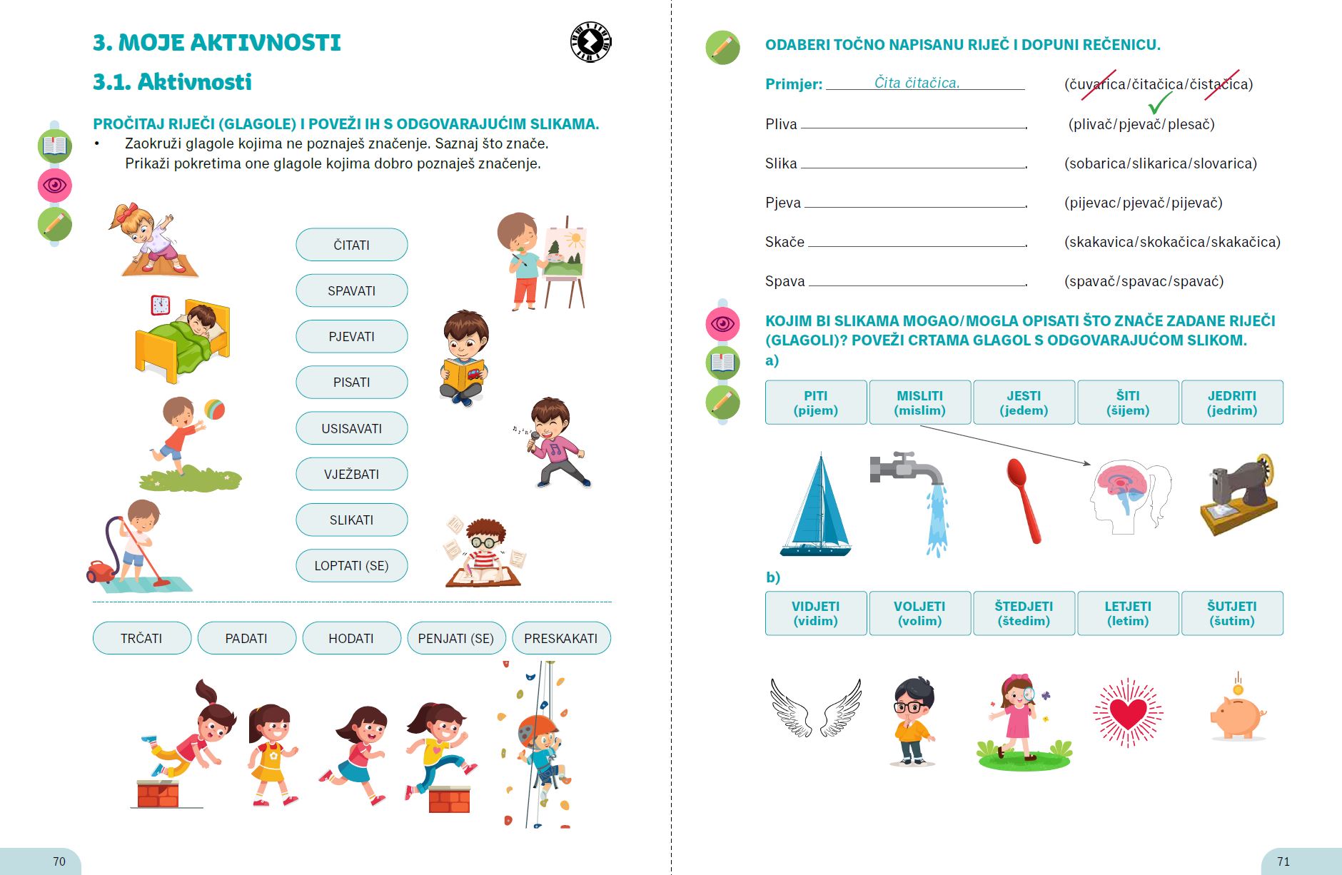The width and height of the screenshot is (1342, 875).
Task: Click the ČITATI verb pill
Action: click(351, 245)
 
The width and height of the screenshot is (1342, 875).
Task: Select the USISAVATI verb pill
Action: click(351, 428)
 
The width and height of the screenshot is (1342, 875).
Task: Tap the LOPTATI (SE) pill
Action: click(351, 566)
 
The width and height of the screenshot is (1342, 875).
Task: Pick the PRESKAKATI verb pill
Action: click(561, 638)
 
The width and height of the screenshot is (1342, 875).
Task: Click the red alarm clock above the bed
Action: click(161, 305)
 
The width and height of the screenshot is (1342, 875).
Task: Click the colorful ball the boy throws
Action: click(214, 410)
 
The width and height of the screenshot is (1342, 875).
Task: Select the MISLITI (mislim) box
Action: click(919, 403)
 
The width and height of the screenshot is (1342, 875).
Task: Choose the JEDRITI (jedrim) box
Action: click(1232, 403)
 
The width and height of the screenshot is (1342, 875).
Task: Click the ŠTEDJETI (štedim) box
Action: click(1024, 613)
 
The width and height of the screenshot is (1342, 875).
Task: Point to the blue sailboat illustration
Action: click(818, 507)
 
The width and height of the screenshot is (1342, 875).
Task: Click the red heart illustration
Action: click(1128, 713)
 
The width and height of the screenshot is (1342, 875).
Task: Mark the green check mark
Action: click(1160, 103)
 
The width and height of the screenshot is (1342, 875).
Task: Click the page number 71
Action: click(1283, 861)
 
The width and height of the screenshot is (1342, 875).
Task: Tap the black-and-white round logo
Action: click(591, 42)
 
